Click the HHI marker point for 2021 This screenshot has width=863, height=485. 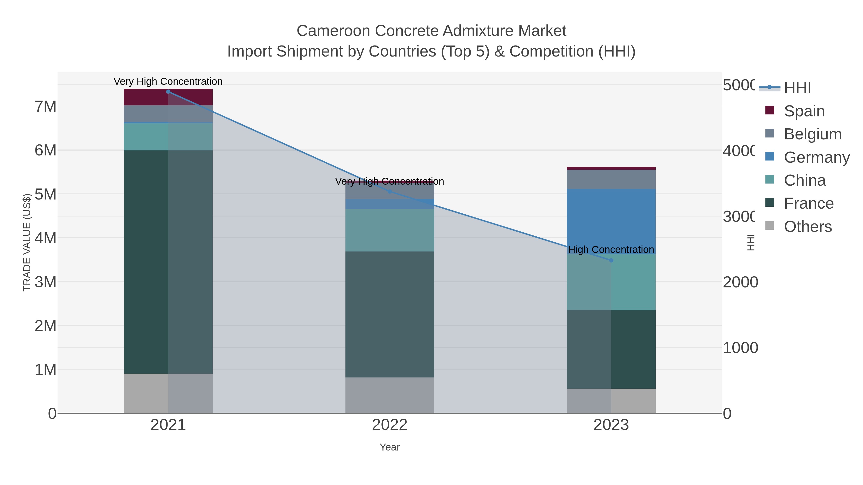[168, 92]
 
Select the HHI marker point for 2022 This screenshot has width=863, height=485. [390, 191]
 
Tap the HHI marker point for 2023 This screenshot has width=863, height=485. [611, 260]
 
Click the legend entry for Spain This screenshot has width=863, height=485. [804, 111]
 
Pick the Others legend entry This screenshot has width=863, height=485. [807, 227]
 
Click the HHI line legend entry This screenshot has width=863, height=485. [797, 88]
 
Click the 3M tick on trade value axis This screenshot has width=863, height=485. [46, 282]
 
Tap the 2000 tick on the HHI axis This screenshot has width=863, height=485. [740, 282]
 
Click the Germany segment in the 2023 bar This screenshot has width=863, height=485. [611, 221]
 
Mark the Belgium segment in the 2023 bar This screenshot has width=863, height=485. [611, 179]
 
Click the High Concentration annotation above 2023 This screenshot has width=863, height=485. [611, 250]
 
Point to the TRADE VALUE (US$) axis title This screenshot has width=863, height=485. [27, 242]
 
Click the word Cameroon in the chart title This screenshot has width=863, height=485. [334, 31]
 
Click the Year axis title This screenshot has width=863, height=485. [390, 447]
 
